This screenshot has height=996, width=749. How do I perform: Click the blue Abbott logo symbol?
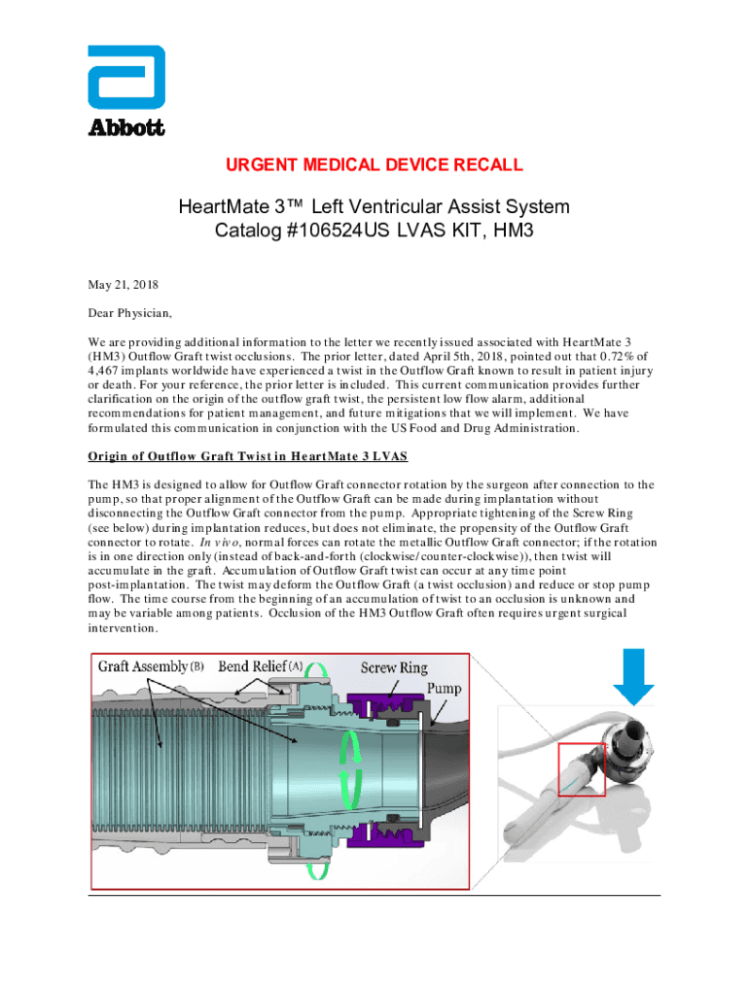pos(126,78)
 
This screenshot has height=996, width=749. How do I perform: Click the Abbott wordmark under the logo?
pos(126,127)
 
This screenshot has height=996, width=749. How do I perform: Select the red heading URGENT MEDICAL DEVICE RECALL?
pos(374,165)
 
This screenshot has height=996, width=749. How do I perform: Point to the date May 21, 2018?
pos(123,286)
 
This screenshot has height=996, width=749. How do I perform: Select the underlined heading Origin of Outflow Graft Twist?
pos(247,456)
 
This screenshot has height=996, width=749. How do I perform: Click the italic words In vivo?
pos(217,543)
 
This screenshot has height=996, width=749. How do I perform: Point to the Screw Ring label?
pos(394,668)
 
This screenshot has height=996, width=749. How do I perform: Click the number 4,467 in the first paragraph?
pos(108,371)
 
